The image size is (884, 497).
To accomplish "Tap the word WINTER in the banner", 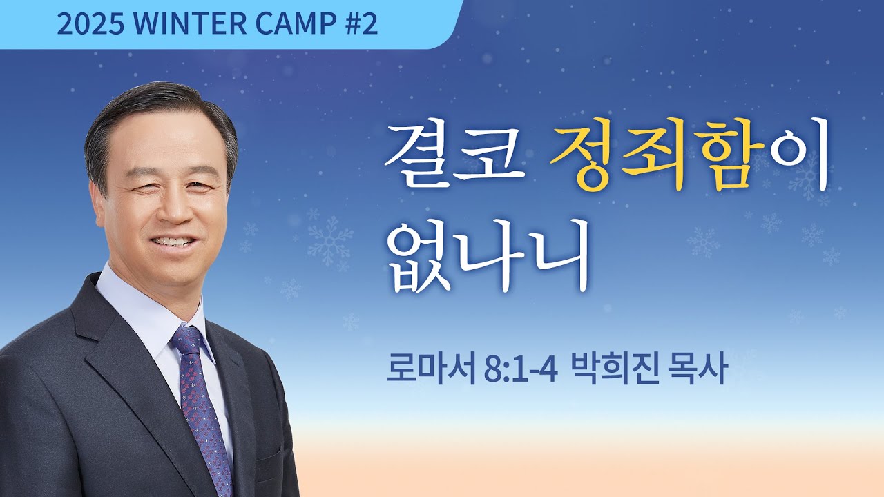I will (191, 25).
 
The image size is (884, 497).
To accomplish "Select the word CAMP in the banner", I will (291, 25).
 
